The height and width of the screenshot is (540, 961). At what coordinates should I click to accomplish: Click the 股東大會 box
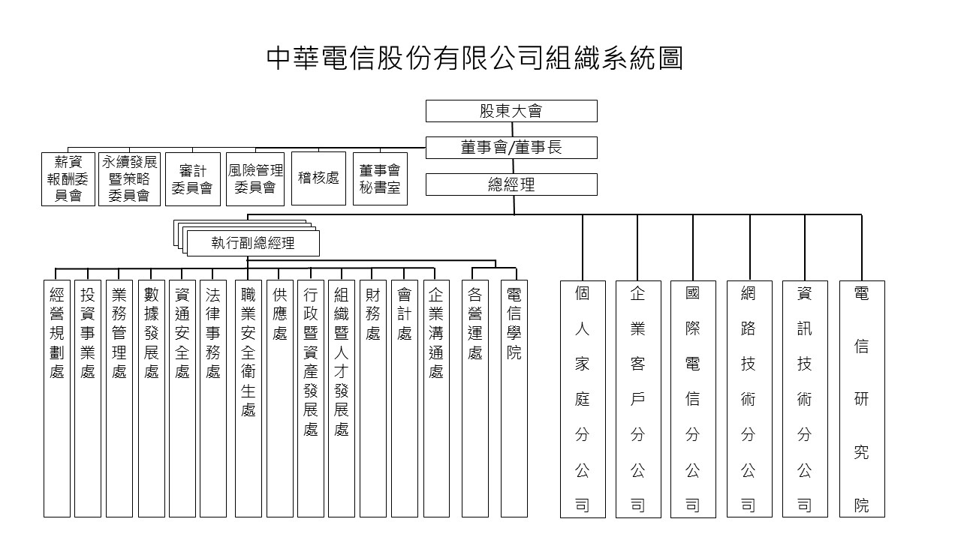pyautogui.click(x=511, y=111)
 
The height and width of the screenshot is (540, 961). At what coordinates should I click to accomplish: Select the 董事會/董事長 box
pyautogui.click(x=511, y=148)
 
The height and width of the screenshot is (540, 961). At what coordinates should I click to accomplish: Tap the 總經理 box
pyautogui.click(x=511, y=184)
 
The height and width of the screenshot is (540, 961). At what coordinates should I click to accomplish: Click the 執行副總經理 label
pyautogui.click(x=253, y=244)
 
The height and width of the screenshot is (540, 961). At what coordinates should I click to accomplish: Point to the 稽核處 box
pyautogui.click(x=318, y=178)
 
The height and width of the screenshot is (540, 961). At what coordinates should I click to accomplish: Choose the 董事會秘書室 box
pyautogui.click(x=380, y=178)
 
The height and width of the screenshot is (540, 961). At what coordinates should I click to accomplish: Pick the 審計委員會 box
pyautogui.click(x=193, y=179)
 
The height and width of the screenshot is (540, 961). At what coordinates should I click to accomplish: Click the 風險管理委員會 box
pyautogui.click(x=255, y=179)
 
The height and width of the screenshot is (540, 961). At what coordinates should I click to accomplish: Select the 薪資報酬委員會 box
pyautogui.click(x=68, y=179)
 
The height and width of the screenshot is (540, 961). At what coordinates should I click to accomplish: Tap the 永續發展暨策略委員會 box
pyautogui.click(x=130, y=179)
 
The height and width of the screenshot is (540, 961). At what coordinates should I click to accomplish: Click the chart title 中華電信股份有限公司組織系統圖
pyautogui.click(x=475, y=58)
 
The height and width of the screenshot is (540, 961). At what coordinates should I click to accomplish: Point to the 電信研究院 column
pyautogui.click(x=862, y=399)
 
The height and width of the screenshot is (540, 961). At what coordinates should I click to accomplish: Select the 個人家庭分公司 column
pyautogui.click(x=583, y=399)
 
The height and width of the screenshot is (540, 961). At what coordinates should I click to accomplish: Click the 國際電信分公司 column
pyautogui.click(x=693, y=399)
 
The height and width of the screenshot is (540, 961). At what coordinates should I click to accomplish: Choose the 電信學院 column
pyautogui.click(x=514, y=398)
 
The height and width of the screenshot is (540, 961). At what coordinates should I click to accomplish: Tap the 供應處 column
pyautogui.click(x=280, y=398)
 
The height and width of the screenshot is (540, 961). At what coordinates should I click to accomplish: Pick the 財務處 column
pyautogui.click(x=373, y=398)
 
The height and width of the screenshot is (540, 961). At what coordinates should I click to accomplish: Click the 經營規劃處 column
pyautogui.click(x=56, y=398)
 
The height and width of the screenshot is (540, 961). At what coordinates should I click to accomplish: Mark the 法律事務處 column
pyautogui.click(x=212, y=398)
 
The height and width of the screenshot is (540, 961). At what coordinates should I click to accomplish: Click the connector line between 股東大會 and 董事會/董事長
pyautogui.click(x=512, y=130)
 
